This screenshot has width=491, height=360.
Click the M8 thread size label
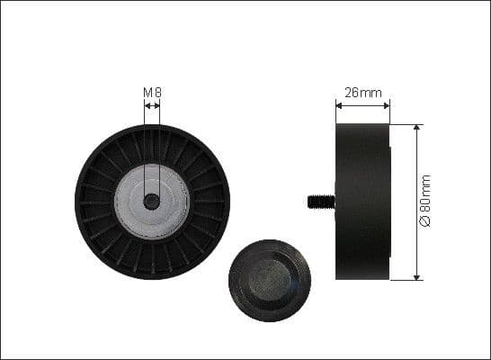(152, 92)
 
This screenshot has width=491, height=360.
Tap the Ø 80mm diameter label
(426, 201)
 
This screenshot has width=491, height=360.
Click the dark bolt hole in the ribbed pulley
(152, 202)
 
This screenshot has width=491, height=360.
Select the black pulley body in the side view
(363, 202)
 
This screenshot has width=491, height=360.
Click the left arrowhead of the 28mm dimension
(339, 104)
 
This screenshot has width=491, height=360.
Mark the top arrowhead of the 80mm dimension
(416, 128)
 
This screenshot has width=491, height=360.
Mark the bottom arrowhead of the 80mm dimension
(416, 276)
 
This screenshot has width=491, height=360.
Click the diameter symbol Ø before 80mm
(426, 221)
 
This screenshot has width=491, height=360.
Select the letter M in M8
(147, 92)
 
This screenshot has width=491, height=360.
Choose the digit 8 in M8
(157, 92)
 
